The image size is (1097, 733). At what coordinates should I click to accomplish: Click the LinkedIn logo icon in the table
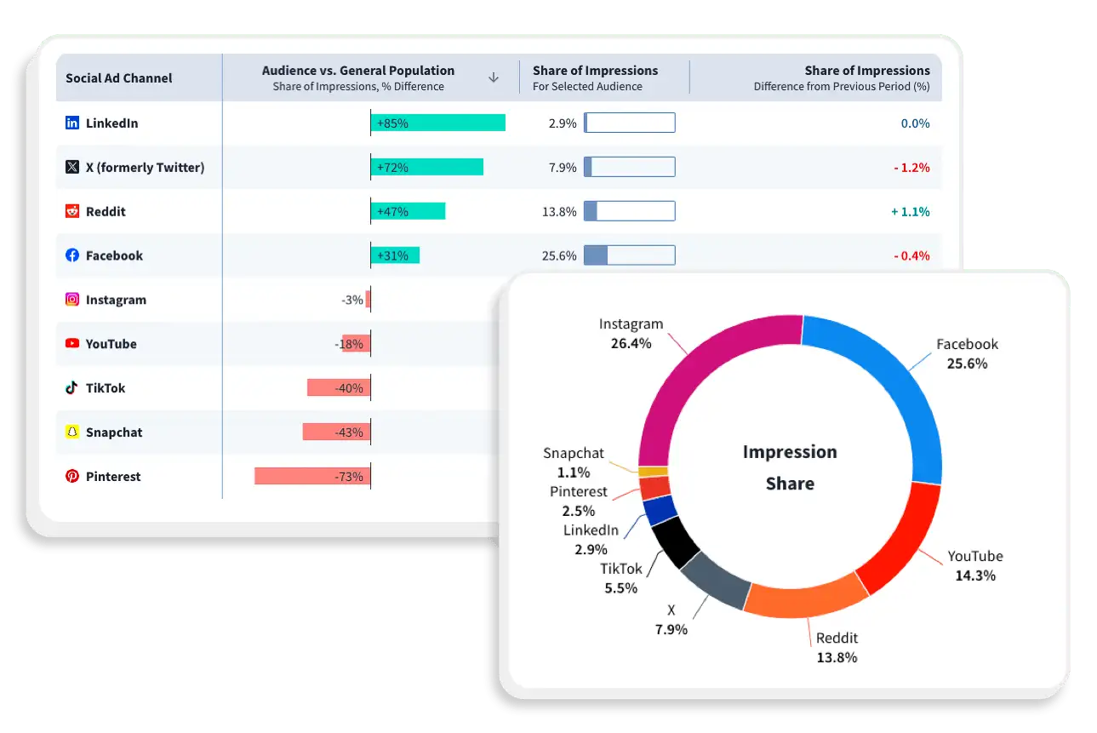(x=72, y=123)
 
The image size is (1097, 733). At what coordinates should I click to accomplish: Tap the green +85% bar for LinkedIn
(x=438, y=123)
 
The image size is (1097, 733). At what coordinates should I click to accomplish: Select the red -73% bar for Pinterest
(x=312, y=476)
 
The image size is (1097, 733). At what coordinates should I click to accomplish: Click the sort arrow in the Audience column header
(x=493, y=77)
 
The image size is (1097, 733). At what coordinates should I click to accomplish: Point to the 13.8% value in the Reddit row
(x=559, y=212)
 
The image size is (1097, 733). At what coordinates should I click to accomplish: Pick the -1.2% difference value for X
(x=911, y=168)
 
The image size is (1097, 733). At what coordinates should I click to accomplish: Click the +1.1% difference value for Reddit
(x=910, y=212)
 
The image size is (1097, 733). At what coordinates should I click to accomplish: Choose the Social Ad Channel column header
(x=119, y=78)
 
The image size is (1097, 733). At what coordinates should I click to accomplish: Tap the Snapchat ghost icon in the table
(x=72, y=432)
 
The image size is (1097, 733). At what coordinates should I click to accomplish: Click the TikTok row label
(x=106, y=388)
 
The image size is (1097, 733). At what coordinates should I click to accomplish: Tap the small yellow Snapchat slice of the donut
(x=654, y=471)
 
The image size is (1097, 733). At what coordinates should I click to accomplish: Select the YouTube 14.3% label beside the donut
(x=975, y=565)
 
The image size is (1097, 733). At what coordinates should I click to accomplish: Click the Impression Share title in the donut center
(x=790, y=467)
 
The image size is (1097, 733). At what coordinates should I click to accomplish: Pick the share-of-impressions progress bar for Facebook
(x=629, y=255)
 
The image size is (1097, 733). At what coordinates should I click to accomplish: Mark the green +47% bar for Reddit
(x=408, y=212)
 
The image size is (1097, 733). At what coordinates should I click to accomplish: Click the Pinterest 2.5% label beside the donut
(x=579, y=501)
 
